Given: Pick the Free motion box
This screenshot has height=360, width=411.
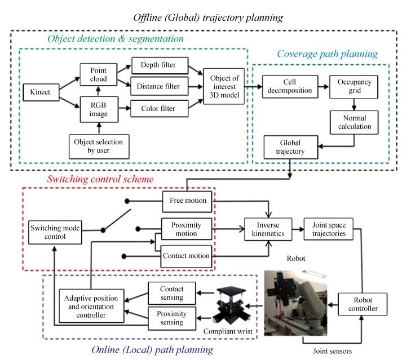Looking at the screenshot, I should [187, 200].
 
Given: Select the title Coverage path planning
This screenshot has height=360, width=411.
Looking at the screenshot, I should [328, 54].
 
